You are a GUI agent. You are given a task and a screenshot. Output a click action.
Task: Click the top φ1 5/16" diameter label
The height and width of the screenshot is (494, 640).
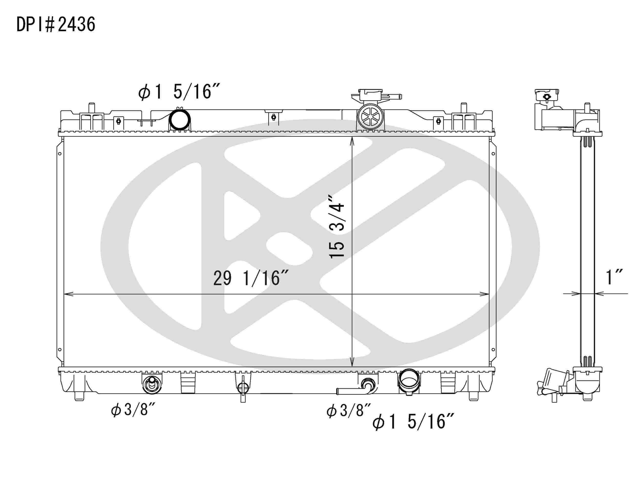[x=179, y=91]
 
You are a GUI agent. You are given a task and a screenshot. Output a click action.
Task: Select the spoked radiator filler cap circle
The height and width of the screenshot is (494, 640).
[x=370, y=117]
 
